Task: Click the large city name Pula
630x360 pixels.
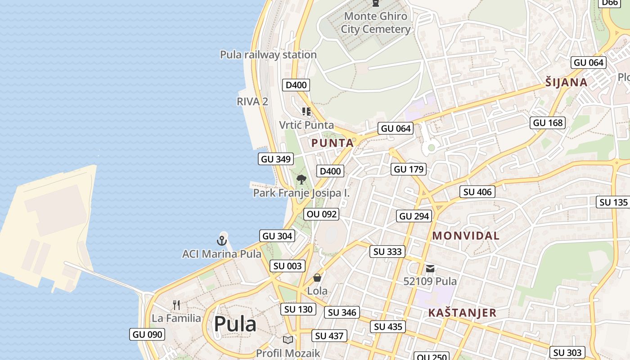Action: tap(235, 324)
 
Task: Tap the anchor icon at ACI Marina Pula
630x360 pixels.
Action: tap(221, 240)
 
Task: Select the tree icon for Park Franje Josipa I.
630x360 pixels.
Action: tap(301, 180)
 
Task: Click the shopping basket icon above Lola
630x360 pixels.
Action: tap(317, 278)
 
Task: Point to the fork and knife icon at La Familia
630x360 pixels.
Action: tap(176, 305)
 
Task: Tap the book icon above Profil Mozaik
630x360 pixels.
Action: tap(288, 340)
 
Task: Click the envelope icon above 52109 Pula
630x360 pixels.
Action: tap(430, 269)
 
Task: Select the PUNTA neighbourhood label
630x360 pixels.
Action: tap(333, 143)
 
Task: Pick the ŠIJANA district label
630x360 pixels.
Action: tap(566, 82)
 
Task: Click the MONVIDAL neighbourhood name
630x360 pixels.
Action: tap(466, 235)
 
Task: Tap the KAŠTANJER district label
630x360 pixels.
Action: tap(462, 313)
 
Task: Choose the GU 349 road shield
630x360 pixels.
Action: tap(276, 159)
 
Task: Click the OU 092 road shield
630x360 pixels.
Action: tap(321, 214)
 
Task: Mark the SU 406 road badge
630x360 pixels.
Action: tap(477, 192)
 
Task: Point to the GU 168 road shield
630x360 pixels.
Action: tap(548, 123)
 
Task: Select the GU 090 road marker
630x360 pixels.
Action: tap(147, 334)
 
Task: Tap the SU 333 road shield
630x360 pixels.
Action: tap(387, 252)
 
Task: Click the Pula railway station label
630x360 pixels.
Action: tap(268, 54)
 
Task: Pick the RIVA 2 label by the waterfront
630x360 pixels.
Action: tap(252, 101)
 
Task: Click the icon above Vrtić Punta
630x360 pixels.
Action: tap(306, 112)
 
